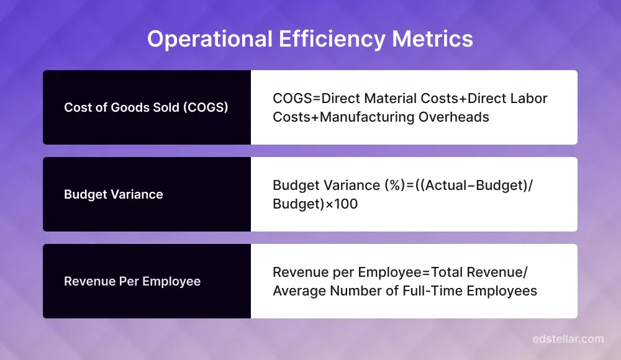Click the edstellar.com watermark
point(568,339)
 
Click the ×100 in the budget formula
point(342,204)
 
